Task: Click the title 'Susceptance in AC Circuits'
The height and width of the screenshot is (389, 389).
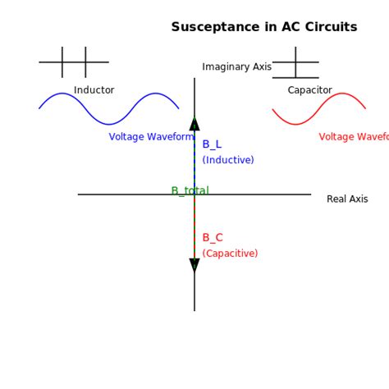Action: [263, 27]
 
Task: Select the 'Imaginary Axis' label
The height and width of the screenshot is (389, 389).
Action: [236, 66]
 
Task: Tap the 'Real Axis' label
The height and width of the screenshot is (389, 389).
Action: [347, 199]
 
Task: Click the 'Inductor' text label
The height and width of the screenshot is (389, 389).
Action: [94, 90]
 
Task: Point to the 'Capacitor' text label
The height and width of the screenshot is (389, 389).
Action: [309, 90]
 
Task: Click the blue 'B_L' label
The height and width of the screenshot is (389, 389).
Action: [212, 144]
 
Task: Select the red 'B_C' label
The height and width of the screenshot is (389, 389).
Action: [213, 238]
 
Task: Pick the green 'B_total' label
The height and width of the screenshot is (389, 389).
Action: [190, 191]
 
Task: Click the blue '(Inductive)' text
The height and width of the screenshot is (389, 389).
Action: [228, 160]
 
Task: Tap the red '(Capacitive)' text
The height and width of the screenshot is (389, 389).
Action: [230, 254]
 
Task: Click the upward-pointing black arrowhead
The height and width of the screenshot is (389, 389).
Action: [194, 124]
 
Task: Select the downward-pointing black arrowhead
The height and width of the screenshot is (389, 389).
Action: [194, 265]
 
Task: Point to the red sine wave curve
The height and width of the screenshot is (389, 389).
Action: [318, 109]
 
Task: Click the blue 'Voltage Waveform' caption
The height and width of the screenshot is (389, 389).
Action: [151, 137]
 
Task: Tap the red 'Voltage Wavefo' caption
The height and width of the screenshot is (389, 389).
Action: [353, 137]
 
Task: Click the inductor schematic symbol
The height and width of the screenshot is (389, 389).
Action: [74, 62]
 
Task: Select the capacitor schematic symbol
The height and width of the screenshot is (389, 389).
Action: [295, 62]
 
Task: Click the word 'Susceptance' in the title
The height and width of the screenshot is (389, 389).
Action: [210, 27]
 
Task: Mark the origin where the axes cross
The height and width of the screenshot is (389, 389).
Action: [194, 194]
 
